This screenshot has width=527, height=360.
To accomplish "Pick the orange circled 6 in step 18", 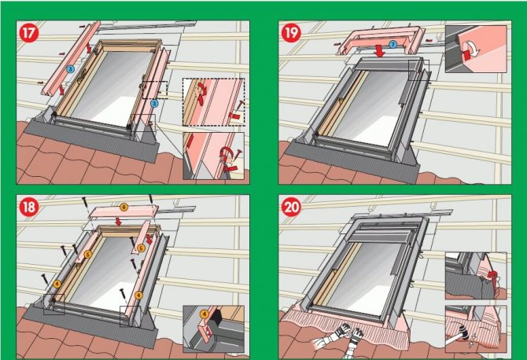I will pos(123,208).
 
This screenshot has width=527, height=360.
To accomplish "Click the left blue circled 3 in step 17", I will pos(71,70).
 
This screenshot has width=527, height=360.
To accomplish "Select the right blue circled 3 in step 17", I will pos(155,102).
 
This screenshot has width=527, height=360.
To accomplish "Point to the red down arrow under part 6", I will pos(120,221).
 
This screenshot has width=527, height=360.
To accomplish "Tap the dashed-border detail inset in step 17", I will pos(213,101).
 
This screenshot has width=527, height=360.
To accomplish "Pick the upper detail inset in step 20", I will pos(474,277).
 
